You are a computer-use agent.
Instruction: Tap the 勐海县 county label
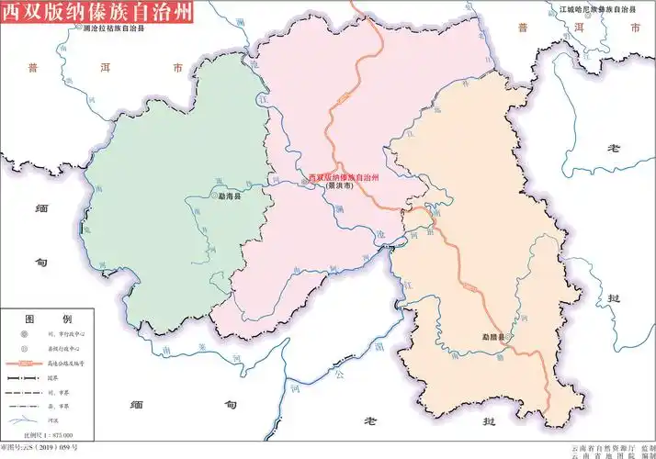pyautogui.click(x=229, y=196)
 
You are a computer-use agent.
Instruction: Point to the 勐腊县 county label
pyautogui.click(x=493, y=337)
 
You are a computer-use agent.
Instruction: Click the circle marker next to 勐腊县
pyautogui.click(x=511, y=337)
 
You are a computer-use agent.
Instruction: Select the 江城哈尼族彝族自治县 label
pyautogui.click(x=598, y=8)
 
